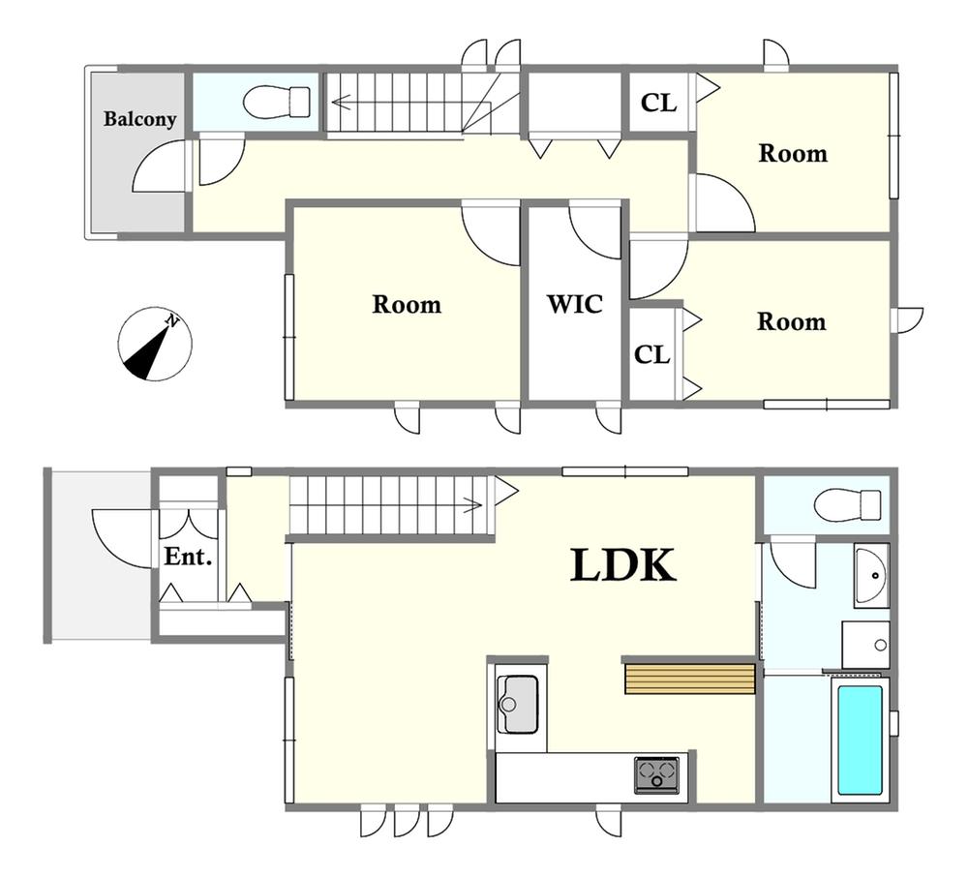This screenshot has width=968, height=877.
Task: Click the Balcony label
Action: (139, 118)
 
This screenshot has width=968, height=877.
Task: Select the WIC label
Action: (575, 304)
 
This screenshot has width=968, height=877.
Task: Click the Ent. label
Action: (188, 557)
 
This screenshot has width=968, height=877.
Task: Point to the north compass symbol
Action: (154, 344)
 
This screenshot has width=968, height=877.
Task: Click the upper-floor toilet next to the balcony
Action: (277, 102)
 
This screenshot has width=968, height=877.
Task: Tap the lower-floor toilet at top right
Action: (847, 505)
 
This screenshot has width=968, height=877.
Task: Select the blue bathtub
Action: (860, 740)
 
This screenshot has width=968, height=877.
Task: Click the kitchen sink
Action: (517, 704)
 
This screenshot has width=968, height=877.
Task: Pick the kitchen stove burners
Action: (656, 774)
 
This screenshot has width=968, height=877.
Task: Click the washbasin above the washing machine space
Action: (872, 575)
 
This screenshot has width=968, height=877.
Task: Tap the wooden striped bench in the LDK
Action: (689, 679)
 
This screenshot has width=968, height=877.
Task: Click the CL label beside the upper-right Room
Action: (658, 103)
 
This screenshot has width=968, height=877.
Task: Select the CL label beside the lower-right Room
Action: (651, 354)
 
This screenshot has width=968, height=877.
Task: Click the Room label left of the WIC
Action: (407, 304)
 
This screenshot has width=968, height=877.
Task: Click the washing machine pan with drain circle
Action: (865, 645)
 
